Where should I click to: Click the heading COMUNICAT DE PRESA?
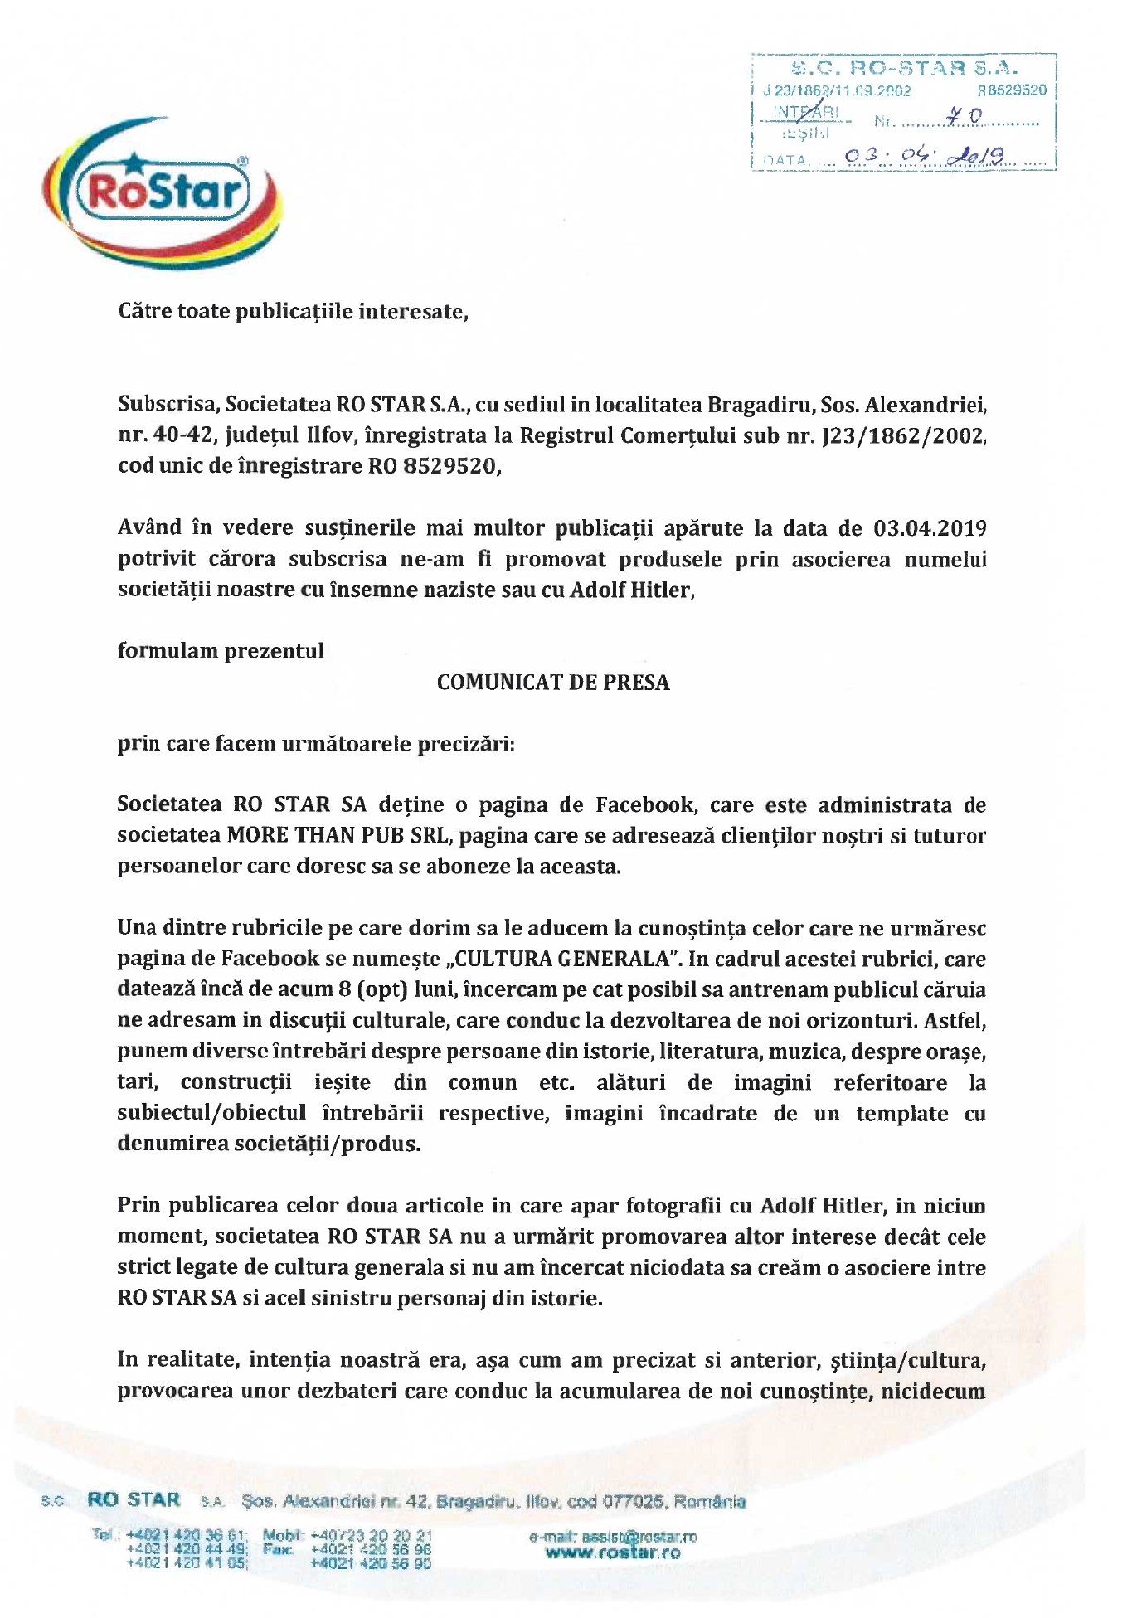tap(553, 683)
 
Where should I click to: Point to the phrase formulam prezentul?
tap(221, 650)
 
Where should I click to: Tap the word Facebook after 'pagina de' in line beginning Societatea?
tap(649, 804)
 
